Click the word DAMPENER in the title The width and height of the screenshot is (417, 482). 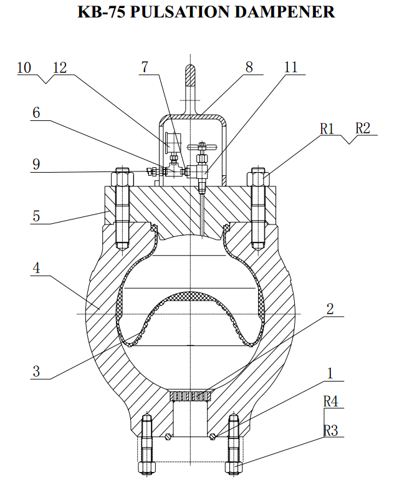[x=284, y=12]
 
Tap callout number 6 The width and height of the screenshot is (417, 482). [x=36, y=113]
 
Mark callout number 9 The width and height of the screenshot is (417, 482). [x=36, y=165]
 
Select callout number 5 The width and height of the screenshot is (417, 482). [x=36, y=216]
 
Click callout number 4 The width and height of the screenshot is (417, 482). [x=36, y=268]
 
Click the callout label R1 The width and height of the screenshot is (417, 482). [x=328, y=128]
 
